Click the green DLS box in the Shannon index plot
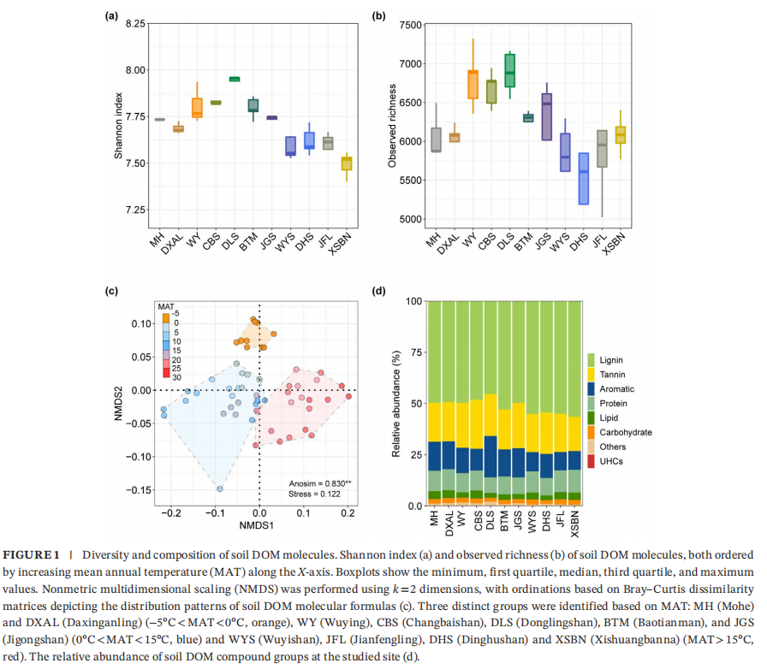coord(235,79)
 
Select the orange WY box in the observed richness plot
coord(473,85)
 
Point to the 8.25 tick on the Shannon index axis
coord(134,23)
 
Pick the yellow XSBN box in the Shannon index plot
coord(347,163)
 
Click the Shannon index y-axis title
coord(119,126)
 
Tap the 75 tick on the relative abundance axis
coord(417,352)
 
